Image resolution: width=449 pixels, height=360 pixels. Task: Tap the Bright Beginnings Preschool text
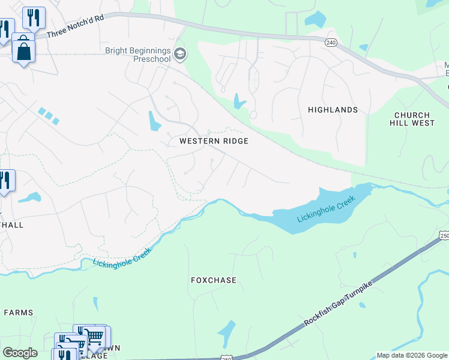coord(137,55)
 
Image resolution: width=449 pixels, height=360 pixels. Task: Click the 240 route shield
coord(331,43)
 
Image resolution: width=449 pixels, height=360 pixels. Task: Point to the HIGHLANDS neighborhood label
coord(333,110)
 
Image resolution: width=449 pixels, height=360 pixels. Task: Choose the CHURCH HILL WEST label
coord(412,119)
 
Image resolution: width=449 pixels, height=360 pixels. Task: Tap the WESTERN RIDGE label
coord(214,141)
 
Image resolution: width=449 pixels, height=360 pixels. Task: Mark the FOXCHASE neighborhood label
coord(214,280)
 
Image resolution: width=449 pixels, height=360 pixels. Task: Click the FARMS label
coord(18,313)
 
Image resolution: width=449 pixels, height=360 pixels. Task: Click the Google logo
coord(20,353)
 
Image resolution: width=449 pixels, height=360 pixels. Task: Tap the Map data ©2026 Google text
coord(412,355)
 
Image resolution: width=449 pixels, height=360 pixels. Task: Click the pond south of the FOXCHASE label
coord(227,330)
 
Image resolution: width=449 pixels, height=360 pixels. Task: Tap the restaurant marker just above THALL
coord(5,181)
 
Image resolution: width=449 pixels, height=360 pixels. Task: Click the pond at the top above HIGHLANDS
coord(315,20)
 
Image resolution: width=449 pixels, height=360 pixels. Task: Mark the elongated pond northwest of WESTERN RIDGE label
coord(154,121)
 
